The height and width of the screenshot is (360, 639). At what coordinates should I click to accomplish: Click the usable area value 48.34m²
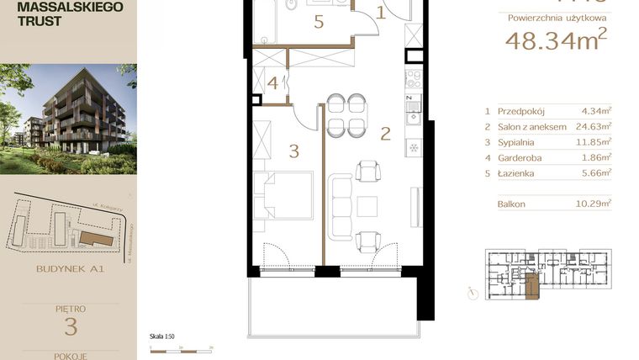(555, 40)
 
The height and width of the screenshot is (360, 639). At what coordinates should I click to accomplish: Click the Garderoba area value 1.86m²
(596, 157)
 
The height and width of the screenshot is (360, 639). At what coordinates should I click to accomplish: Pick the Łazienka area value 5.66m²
(596, 172)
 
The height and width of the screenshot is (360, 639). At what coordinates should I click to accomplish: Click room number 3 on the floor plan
(293, 151)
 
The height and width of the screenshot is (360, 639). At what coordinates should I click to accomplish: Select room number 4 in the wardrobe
(273, 83)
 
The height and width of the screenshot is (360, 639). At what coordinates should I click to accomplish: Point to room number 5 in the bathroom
(319, 23)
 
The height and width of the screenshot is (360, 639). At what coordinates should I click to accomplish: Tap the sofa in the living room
(340, 206)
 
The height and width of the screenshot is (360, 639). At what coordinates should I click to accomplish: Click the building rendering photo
(68, 119)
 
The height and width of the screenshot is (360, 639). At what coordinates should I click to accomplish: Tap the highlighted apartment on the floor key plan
(530, 286)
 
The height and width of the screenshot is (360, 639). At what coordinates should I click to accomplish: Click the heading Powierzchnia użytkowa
(552, 16)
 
